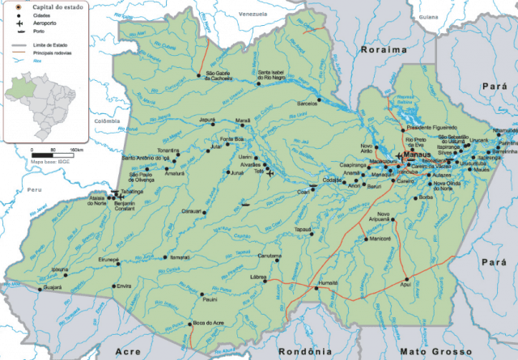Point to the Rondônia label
click(305, 352)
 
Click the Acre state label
click(128, 352)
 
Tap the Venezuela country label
click(252, 15)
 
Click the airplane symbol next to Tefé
click(270, 172)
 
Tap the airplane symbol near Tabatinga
click(121, 195)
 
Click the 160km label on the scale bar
click(78, 150)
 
